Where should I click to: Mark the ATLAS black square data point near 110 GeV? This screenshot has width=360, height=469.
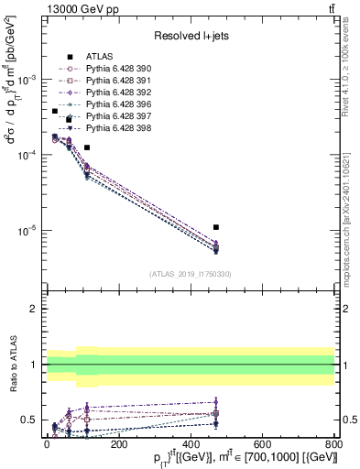tap(87, 147)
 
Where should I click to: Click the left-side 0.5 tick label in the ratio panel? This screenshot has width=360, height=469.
tap(29, 420)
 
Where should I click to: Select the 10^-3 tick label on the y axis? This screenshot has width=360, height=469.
tap(27, 80)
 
